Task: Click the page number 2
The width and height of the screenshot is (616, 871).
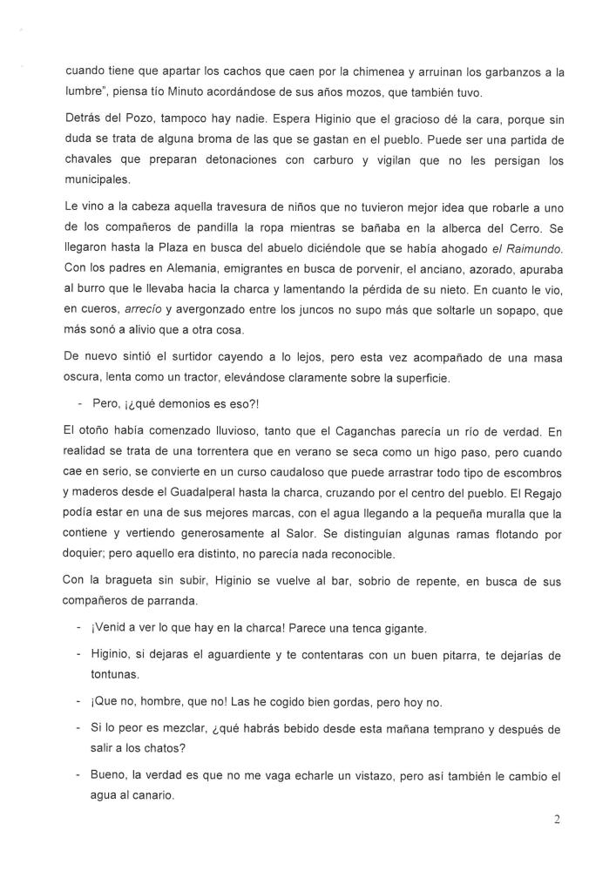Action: click(581, 819)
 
